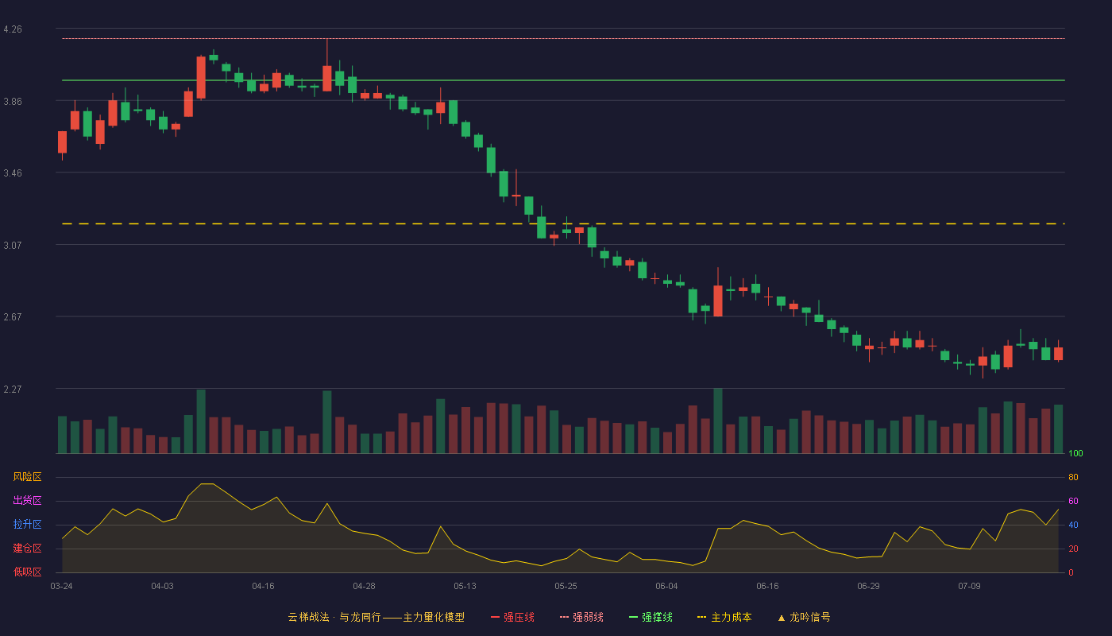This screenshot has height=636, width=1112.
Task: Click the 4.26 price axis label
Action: tap(13, 29)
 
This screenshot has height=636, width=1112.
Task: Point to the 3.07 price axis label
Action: tap(13, 246)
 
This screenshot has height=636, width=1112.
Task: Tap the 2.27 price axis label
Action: tap(13, 389)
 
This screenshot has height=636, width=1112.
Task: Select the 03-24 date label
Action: tap(62, 587)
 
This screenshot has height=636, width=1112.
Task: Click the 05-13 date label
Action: tap(465, 587)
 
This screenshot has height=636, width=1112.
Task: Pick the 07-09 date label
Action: tap(969, 587)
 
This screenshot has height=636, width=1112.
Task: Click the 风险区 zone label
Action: tap(27, 477)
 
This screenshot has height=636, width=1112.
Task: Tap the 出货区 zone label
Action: tap(27, 500)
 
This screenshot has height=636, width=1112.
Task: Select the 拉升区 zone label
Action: tap(27, 524)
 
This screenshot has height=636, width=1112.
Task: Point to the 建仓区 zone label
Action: tap(27, 548)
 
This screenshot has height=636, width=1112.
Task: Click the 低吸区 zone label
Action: tap(27, 572)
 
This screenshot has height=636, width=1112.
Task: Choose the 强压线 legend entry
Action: tap(512, 617)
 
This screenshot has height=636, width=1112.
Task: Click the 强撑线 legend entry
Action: tap(651, 617)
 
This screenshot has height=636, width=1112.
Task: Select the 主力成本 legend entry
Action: tap(724, 617)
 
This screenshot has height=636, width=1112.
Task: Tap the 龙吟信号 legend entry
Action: tap(804, 617)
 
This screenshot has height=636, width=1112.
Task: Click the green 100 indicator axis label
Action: tap(1075, 453)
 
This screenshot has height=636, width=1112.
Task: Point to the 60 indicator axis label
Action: tap(1073, 501)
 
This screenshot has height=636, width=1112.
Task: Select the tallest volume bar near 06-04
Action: tap(718, 421)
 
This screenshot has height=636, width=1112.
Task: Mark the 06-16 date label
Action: tap(767, 587)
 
